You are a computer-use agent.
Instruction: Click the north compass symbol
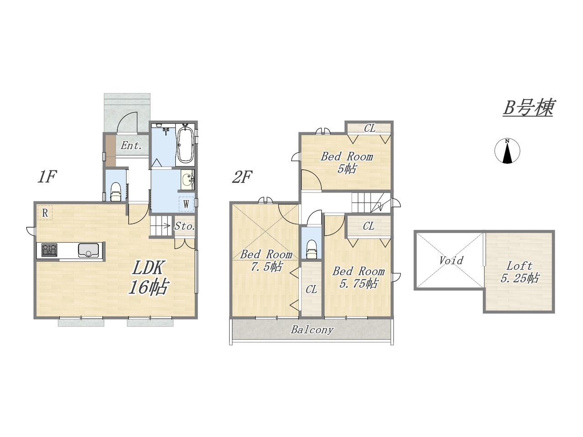point(507,151)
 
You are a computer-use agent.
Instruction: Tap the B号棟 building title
point(528,107)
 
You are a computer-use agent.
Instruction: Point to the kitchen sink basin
point(88,250)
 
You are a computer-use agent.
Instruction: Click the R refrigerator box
point(45,213)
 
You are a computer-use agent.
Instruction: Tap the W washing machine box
point(186,204)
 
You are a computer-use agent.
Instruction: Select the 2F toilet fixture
point(311,249)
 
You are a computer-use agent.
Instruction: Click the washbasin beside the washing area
point(188,180)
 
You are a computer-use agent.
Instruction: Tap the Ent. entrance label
point(131,145)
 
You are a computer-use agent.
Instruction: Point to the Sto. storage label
point(185,226)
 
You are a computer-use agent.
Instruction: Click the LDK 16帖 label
point(148,278)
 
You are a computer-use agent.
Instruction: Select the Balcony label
point(312,330)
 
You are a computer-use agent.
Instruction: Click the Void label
point(451,260)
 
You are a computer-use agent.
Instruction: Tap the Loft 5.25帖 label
point(520,272)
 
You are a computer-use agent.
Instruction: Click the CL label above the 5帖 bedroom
point(370,128)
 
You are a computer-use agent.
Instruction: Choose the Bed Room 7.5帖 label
point(266,260)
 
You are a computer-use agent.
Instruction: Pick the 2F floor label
point(241,177)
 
